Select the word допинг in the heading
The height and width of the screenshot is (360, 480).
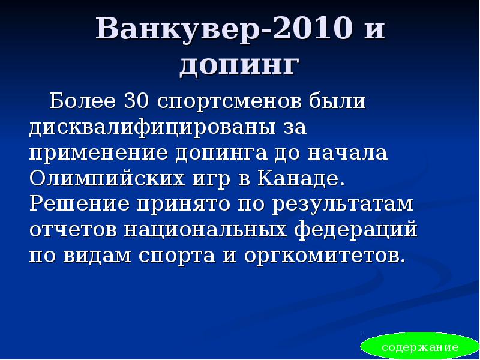pyautogui.click(x=239, y=65)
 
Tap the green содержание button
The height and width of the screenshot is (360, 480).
pyautogui.click(x=420, y=347)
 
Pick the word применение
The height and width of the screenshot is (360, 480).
pyautogui.click(x=99, y=152)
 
